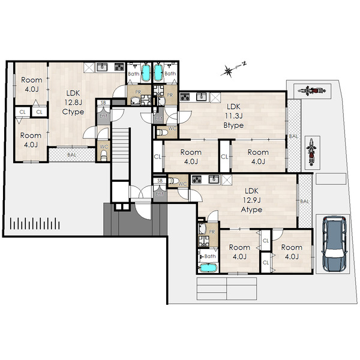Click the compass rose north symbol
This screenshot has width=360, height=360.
pyautogui.click(x=232, y=68)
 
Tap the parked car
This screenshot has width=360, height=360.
pyautogui.click(x=335, y=244)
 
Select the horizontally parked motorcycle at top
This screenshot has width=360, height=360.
pyautogui.click(x=312, y=91)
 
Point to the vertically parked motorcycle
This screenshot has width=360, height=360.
pyautogui.click(x=311, y=152)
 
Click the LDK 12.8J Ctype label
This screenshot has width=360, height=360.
pyautogui.click(x=73, y=103)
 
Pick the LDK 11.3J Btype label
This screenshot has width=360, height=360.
pyautogui.click(x=233, y=116)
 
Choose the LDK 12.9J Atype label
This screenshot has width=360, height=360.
pyautogui.click(x=251, y=200)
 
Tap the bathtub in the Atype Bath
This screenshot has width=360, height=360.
pyautogui.click(x=208, y=268)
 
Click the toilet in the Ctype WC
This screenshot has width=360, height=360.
pyautogui.click(x=104, y=156)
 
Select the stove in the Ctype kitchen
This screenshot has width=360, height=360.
pyautogui.click(x=119, y=67)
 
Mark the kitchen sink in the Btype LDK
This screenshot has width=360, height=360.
pyautogui.click(x=202, y=97)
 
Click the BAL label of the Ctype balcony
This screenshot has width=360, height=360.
pyautogui.click(x=71, y=155)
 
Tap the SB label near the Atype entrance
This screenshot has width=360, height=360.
pyautogui.click(x=160, y=181)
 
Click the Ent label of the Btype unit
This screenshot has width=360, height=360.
pyautogui.click(x=158, y=119)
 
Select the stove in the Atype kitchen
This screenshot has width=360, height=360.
pyautogui.click(x=197, y=179)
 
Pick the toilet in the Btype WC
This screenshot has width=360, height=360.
pyautogui.click(x=162, y=133)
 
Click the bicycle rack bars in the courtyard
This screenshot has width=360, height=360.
pyautogui.click(x=35, y=223)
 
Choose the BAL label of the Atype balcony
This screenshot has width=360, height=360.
pyautogui.click(x=304, y=202)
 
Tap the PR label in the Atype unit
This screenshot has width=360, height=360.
pyautogui.click(x=212, y=232)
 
